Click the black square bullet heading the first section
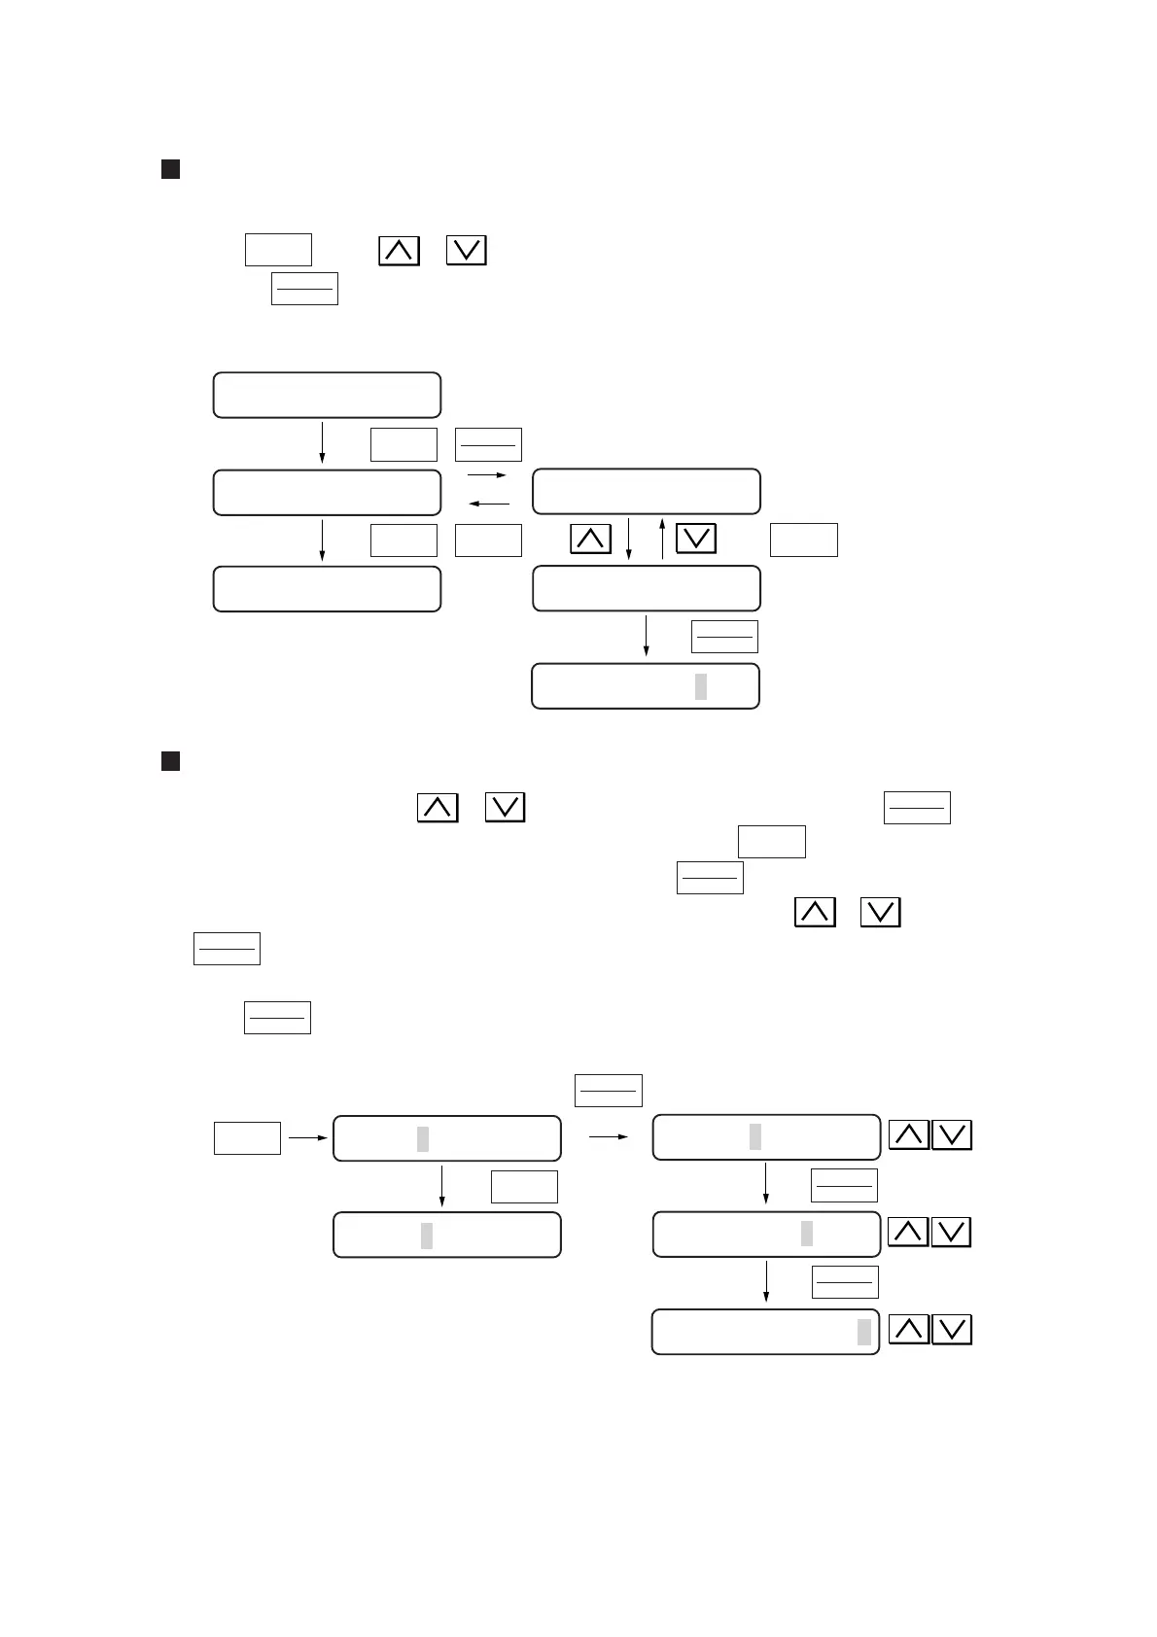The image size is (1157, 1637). [170, 170]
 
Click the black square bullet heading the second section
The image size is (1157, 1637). [170, 761]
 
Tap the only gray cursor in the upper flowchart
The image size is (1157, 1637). [701, 686]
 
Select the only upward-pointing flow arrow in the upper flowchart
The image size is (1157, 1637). [662, 539]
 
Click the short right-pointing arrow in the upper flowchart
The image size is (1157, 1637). [487, 475]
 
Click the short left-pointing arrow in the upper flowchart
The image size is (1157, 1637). [489, 504]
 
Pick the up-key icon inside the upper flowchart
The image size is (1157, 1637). [591, 540]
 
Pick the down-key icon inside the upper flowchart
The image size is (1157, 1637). [696, 540]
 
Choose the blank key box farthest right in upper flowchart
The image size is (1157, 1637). [804, 540]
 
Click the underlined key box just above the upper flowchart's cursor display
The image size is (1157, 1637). [724, 637]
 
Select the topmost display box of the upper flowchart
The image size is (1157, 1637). [327, 395]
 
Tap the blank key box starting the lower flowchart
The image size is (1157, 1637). [247, 1138]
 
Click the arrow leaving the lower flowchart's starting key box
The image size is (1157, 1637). [307, 1136]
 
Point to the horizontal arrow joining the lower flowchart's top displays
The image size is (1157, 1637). [609, 1136]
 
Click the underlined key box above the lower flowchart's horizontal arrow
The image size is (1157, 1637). [609, 1091]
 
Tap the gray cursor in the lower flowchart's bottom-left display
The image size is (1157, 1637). [427, 1236]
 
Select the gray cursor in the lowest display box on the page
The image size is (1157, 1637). [864, 1332]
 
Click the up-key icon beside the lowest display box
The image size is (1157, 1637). [909, 1330]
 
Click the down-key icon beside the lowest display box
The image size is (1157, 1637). [952, 1330]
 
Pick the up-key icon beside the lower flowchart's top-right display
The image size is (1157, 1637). [909, 1135]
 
